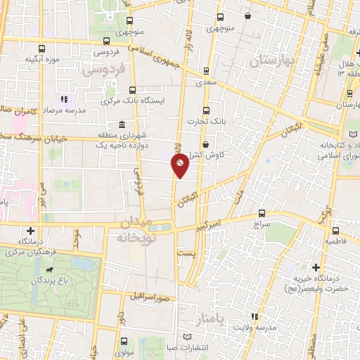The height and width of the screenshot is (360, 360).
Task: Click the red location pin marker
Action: tap(181, 166)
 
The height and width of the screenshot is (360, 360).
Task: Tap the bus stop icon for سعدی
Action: tap(206, 71)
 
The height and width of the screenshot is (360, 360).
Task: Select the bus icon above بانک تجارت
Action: tap(206, 110)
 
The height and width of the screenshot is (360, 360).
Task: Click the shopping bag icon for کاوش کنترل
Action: tap(205, 143)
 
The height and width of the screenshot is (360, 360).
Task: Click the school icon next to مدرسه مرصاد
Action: tap(64, 100)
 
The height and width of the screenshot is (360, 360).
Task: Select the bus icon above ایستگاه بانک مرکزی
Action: tap(133, 89)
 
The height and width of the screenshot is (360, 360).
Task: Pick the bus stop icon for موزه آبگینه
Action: tap(41, 49)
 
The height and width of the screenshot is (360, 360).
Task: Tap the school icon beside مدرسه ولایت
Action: tap(254, 316)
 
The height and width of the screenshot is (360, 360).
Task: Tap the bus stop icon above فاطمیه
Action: tap(335, 230)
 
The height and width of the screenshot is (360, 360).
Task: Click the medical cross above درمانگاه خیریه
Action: tap(316, 267)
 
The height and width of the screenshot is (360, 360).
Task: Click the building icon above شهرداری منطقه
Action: tap(122, 122)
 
